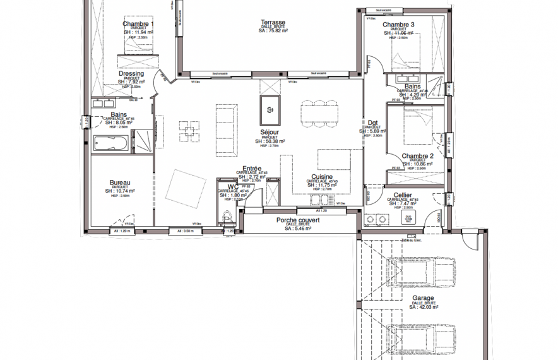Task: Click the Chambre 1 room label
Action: tap(138, 25)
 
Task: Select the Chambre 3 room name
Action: tap(398, 25)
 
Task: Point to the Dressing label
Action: tap(131, 74)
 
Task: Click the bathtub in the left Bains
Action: tap(111, 143)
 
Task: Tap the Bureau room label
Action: tap(119, 181)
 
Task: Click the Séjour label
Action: tap(270, 132)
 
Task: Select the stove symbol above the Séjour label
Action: tap(270, 109)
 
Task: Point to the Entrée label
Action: tap(251, 169)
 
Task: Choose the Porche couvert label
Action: tap(297, 220)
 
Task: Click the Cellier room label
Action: tap(403, 196)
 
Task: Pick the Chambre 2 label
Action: tap(417, 156)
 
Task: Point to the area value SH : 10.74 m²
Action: tap(119, 191)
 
